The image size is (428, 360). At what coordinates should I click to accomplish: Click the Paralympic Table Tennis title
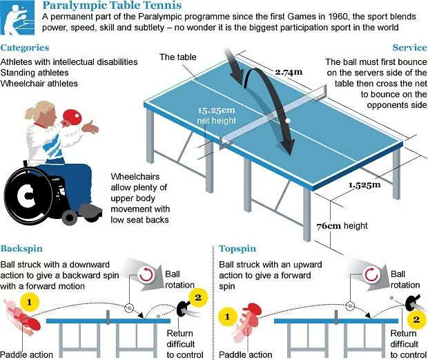(x=113, y=6)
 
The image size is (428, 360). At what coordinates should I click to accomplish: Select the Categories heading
(x=25, y=48)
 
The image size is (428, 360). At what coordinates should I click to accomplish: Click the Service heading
(x=409, y=48)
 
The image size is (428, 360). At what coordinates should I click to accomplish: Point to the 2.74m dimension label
(x=289, y=72)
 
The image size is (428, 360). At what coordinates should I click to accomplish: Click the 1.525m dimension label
(x=364, y=184)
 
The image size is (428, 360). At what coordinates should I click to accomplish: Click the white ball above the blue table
(x=288, y=120)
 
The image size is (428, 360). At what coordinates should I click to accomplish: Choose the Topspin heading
(x=237, y=248)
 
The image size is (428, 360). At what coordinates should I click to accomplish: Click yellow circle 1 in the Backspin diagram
(x=28, y=301)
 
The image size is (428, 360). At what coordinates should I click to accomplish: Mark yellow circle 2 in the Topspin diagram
(x=416, y=319)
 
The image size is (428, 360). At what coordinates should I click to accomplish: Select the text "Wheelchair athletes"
(x=39, y=84)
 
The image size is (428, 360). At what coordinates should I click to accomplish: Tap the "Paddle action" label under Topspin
(x=245, y=354)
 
